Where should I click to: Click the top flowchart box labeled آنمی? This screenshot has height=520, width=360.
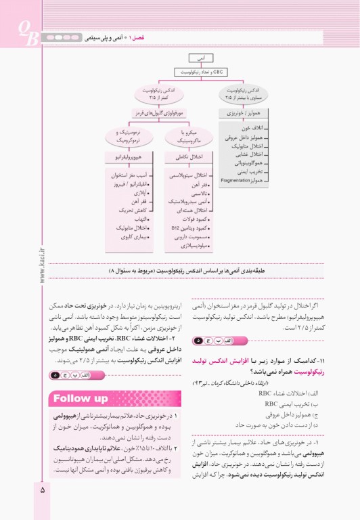202,58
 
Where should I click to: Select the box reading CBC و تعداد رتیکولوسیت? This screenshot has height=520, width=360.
202,71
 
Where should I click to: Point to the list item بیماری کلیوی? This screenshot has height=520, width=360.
122,237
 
